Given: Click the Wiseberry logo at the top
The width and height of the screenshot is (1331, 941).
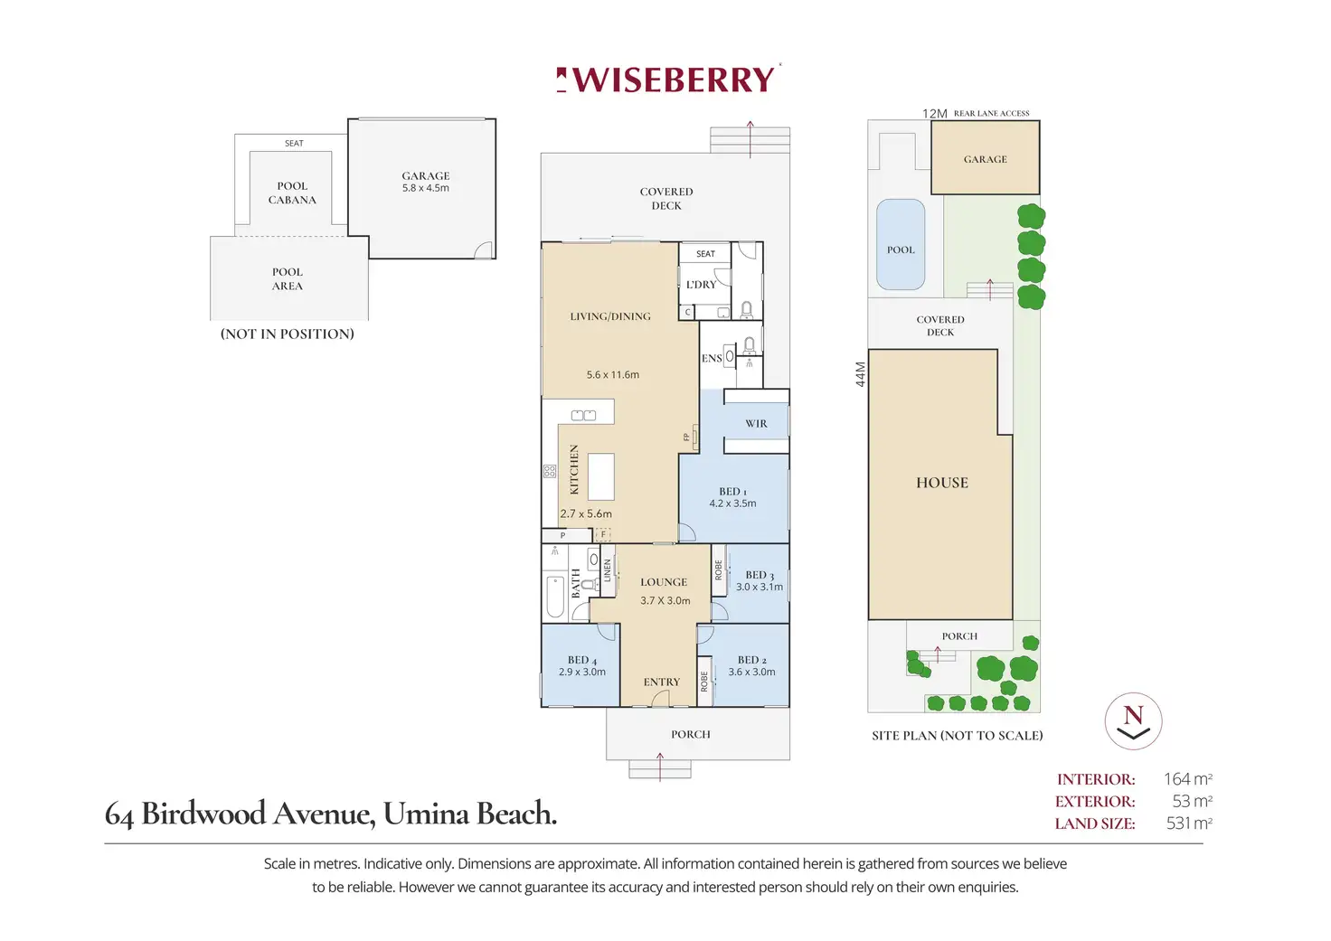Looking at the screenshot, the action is [x=668, y=79].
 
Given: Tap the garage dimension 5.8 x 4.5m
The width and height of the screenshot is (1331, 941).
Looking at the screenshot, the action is [x=426, y=188].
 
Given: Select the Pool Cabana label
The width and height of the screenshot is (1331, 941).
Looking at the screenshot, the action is [x=292, y=193].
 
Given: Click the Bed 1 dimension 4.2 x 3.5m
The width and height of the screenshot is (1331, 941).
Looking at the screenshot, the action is [x=732, y=503].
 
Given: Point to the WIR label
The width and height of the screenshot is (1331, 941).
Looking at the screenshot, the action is [x=757, y=424].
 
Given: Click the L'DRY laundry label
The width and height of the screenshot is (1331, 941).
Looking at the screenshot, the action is [x=701, y=285].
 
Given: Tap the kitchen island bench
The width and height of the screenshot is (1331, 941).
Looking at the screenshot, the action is [x=600, y=477].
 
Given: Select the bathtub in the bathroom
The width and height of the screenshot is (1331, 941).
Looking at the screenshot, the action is [x=555, y=597].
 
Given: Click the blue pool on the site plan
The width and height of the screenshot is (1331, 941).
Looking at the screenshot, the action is [x=901, y=244].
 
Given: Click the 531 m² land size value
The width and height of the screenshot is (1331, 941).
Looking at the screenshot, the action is [x=1188, y=823].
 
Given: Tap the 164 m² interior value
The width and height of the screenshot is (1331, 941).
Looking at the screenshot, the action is [x=1188, y=778].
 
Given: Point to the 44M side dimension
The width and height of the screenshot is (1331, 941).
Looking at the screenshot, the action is [x=861, y=374].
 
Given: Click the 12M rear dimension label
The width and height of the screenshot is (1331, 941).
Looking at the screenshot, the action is [x=935, y=114].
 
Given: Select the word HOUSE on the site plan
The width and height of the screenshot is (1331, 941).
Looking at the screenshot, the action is [x=942, y=483].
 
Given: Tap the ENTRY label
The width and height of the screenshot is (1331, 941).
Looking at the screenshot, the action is [x=661, y=682].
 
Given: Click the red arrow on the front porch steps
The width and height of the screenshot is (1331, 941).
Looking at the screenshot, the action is [x=660, y=767].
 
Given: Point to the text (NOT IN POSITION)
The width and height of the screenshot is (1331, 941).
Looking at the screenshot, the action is [x=287, y=334].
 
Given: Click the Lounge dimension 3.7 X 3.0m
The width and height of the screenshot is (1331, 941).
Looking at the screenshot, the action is [x=665, y=600].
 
